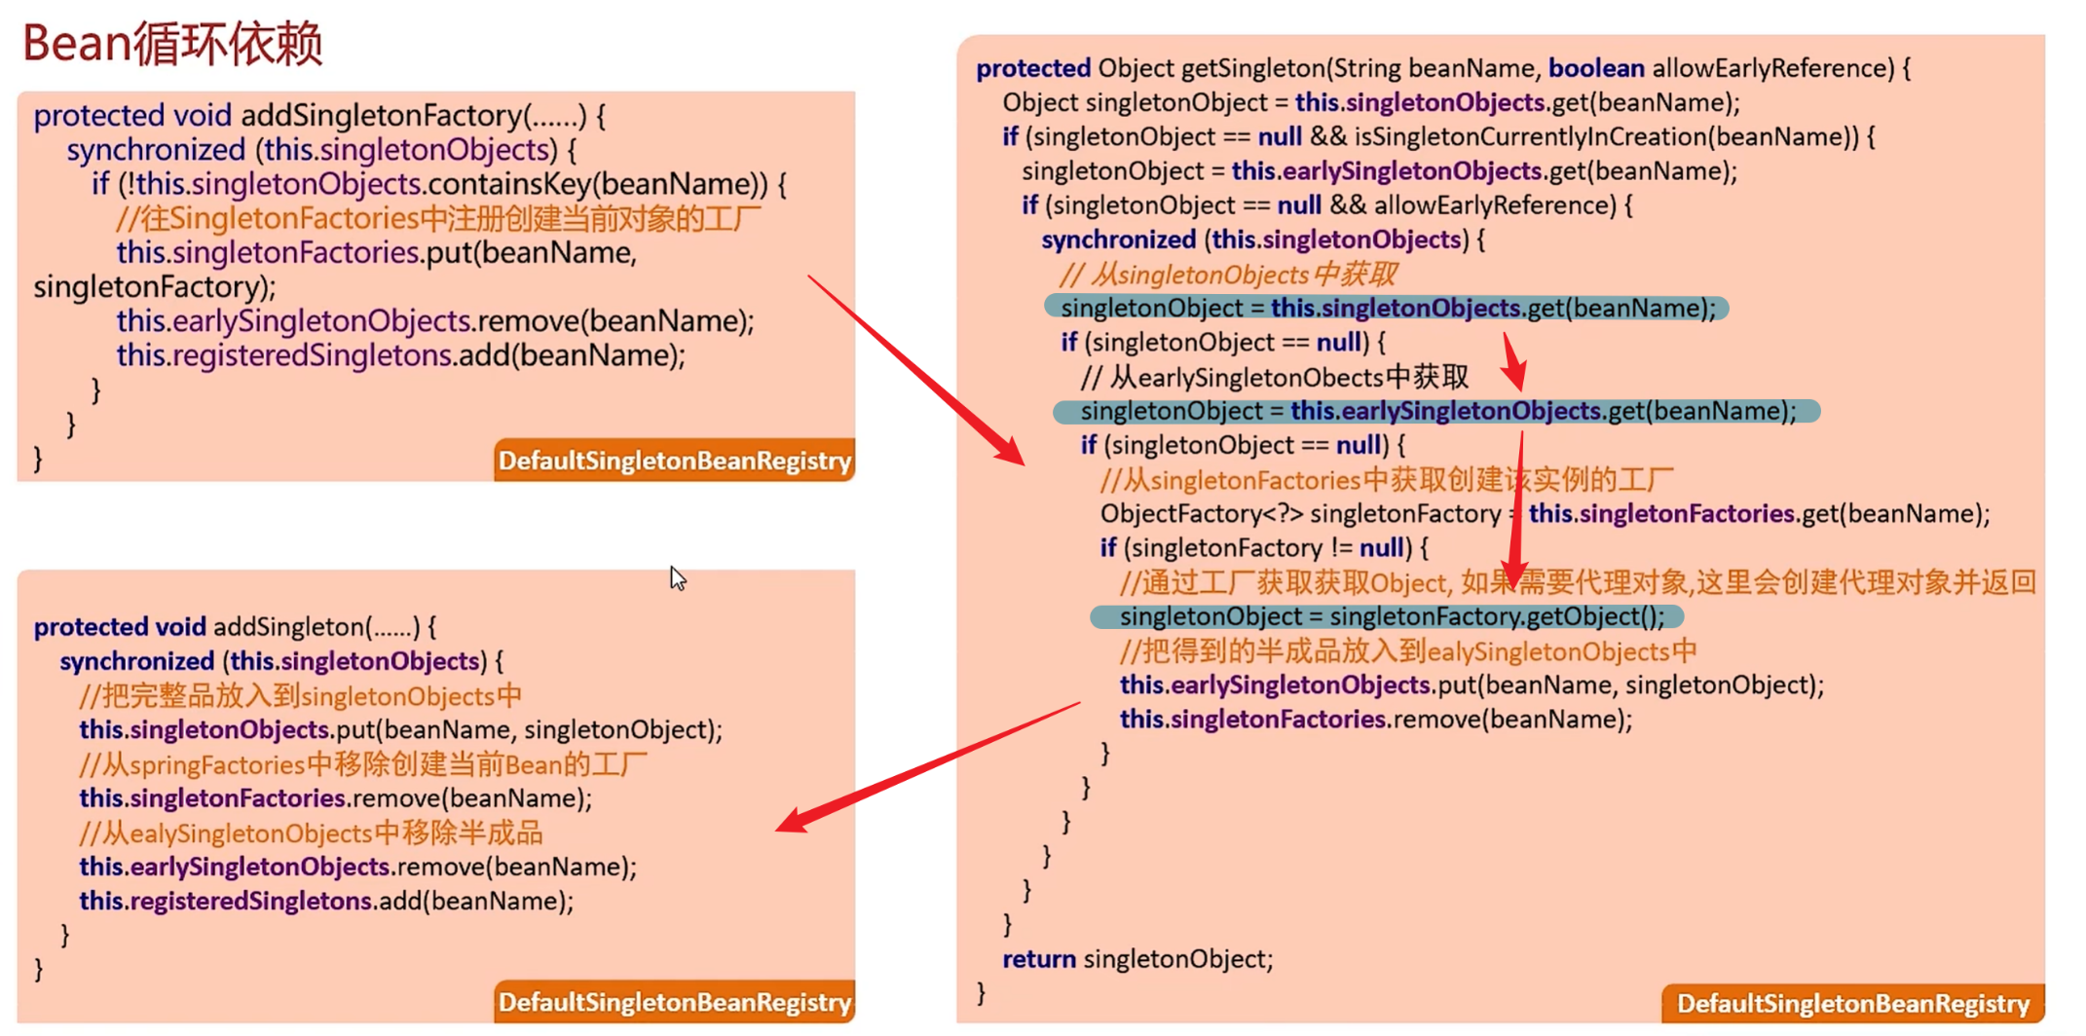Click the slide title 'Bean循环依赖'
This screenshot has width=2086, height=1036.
pos(172,44)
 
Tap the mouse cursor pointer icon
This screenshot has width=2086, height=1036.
pos(677,578)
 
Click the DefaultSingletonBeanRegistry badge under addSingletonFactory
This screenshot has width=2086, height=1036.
pos(674,461)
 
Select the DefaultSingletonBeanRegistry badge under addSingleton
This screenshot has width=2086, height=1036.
pos(674,1002)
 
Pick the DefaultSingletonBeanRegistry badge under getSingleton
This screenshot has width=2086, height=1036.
pos(1852,1003)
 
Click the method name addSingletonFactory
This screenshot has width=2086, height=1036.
pos(382,116)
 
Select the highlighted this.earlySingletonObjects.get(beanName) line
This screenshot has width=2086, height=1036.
pos(1436,411)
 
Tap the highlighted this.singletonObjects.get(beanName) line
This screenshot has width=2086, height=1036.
pos(1387,309)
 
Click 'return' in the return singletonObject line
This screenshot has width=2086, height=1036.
pos(1038,959)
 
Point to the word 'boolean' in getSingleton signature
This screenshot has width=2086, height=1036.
pos(1595,68)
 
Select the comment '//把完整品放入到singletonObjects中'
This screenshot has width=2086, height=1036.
pos(300,696)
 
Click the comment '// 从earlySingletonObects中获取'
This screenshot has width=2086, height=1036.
pos(1274,377)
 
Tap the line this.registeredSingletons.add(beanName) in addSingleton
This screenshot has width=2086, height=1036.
pos(326,901)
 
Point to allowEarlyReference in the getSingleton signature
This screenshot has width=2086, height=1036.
pos(1772,68)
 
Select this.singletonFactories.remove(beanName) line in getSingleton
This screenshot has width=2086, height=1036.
pos(1375,720)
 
